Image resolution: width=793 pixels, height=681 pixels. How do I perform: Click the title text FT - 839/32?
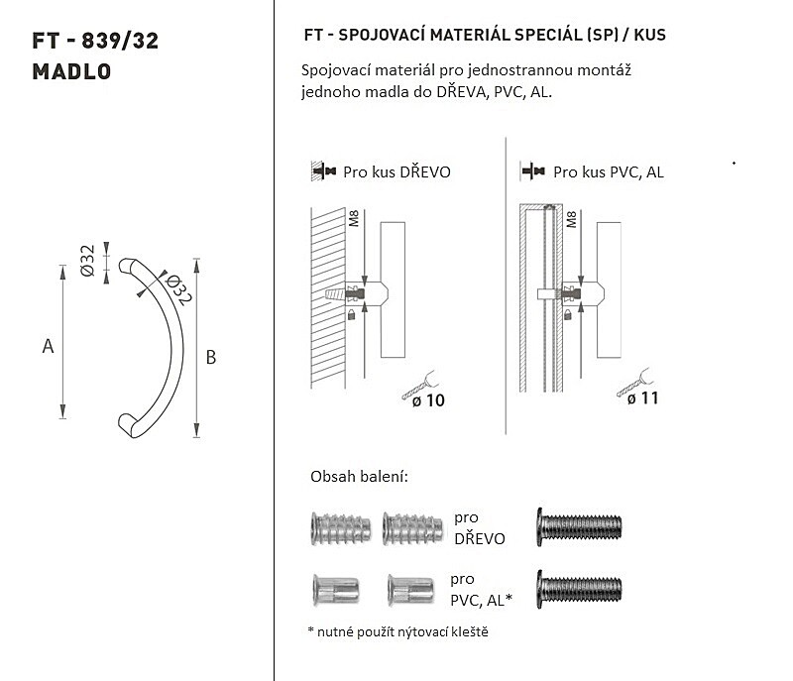(x=95, y=41)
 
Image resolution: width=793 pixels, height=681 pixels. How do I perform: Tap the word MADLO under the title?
(x=71, y=71)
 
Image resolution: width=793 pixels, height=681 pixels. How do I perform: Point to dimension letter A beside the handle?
(x=48, y=346)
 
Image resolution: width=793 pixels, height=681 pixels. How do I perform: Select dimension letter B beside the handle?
(x=211, y=358)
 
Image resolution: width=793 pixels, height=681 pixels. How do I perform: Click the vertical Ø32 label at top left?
(x=87, y=261)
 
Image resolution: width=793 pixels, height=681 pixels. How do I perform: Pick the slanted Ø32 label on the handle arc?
(x=177, y=289)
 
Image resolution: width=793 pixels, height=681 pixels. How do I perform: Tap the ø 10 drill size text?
(x=428, y=400)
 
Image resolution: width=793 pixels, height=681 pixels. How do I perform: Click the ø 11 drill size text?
(x=642, y=398)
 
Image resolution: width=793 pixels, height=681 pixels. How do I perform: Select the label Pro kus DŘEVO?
(x=397, y=172)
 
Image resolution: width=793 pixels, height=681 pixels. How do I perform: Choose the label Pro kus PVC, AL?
(x=609, y=172)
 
